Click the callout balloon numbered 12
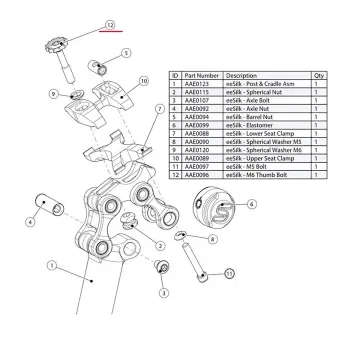pos(110,22)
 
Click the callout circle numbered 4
pos(30,222)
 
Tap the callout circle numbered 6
pos(251,203)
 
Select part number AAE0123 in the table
pos(198,84)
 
